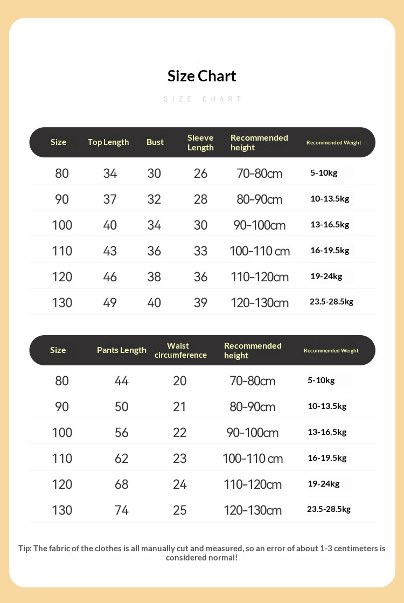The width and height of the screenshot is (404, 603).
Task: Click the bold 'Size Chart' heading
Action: (202, 76)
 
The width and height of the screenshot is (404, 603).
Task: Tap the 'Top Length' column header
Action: (108, 142)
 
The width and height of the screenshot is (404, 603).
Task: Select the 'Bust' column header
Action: (155, 142)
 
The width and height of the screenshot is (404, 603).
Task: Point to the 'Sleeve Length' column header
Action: (200, 143)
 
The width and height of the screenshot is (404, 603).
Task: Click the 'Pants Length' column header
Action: (122, 350)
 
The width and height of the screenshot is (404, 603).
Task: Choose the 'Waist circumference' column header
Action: (180, 350)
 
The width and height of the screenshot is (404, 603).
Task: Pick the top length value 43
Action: (110, 251)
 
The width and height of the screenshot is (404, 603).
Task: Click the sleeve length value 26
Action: (200, 174)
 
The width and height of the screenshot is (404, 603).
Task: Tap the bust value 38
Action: (154, 277)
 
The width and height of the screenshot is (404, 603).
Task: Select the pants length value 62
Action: (122, 459)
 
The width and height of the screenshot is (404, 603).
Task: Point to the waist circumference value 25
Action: (180, 510)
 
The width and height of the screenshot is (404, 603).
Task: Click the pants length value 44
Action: (122, 381)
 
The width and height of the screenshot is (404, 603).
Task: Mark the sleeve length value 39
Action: (200, 303)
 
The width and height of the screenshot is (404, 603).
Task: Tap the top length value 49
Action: (110, 303)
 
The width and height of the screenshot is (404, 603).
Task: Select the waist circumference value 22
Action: (180, 433)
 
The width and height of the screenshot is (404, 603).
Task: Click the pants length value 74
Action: (122, 510)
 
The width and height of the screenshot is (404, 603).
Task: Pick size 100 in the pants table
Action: (62, 433)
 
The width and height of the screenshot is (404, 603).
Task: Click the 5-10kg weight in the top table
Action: (324, 173)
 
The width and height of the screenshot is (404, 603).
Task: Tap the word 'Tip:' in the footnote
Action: (25, 549)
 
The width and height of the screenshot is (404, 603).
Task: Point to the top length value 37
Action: (110, 199)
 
